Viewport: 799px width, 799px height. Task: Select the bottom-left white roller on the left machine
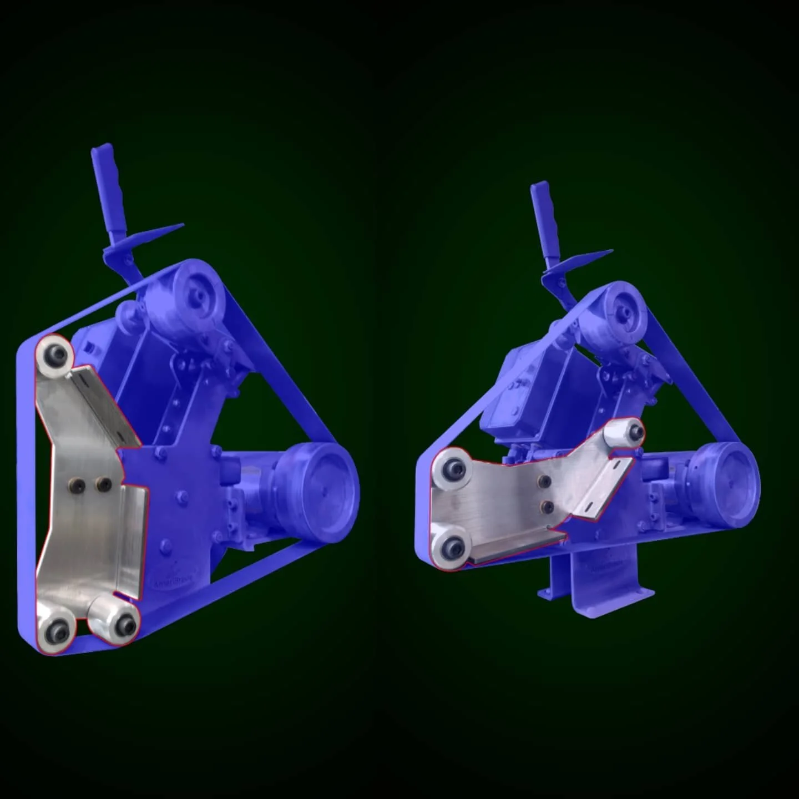click(55, 628)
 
